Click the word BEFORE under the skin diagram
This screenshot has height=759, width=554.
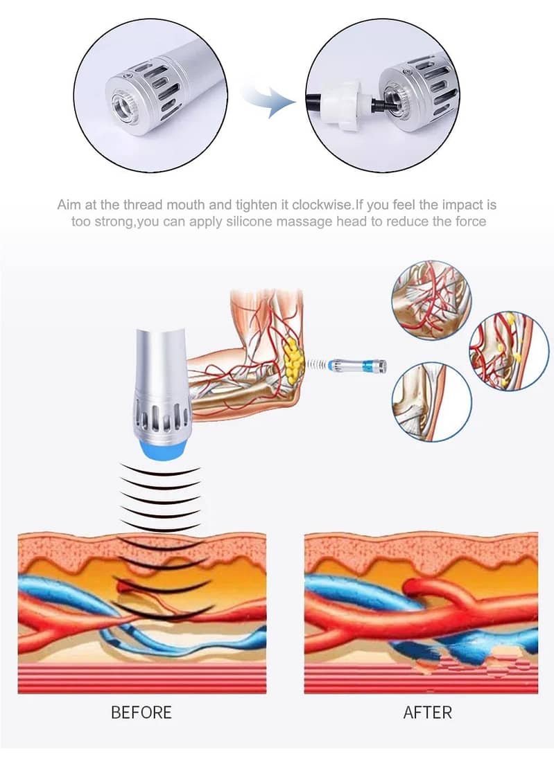pyautogui.click(x=141, y=711)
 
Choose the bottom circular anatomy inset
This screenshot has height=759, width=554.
pyautogui.click(x=431, y=402)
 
